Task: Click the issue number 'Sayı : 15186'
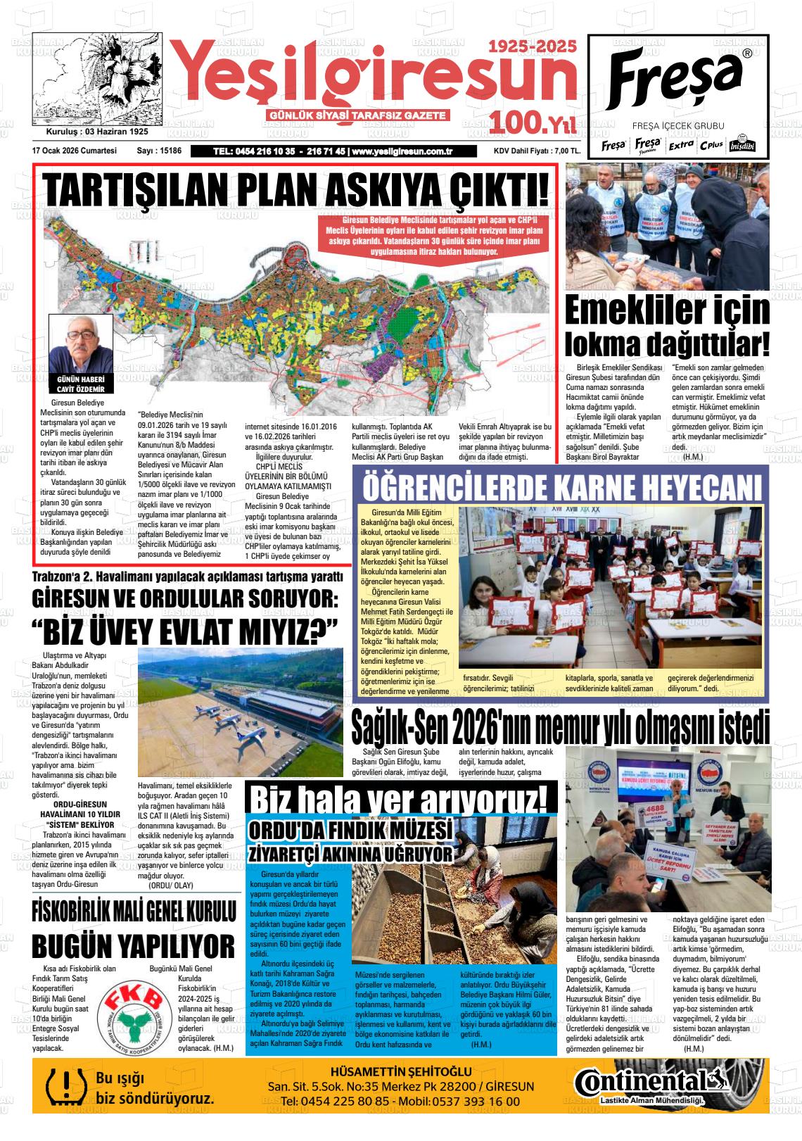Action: tap(159, 151)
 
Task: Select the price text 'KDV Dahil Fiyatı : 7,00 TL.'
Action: tap(537, 151)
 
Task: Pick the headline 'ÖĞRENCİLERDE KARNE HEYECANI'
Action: tap(561, 487)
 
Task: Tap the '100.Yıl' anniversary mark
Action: tap(534, 124)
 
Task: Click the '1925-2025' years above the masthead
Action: tap(533, 47)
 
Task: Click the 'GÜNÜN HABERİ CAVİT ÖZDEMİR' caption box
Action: tap(80, 384)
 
